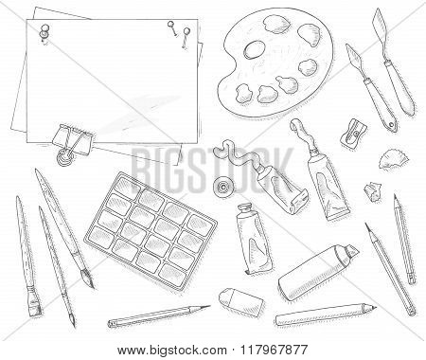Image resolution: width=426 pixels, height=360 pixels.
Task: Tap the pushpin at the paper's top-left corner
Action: click(44, 31)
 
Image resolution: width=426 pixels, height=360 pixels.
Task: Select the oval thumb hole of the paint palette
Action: click(254, 50)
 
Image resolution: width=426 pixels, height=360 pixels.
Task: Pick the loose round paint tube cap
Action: click(223, 187)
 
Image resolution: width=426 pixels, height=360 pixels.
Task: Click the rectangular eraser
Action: click(241, 301)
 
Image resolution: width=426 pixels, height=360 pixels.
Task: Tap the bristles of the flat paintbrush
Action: click(34, 307)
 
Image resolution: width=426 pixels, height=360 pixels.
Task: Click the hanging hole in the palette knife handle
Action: click(391, 125)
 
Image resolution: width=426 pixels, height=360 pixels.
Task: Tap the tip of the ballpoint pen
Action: click(375, 306)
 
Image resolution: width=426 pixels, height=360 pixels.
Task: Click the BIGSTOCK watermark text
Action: click(212, 170)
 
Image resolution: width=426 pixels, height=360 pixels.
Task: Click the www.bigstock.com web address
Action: click(172, 351)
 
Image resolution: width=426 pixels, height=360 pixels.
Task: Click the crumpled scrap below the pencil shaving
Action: click(372, 190)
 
